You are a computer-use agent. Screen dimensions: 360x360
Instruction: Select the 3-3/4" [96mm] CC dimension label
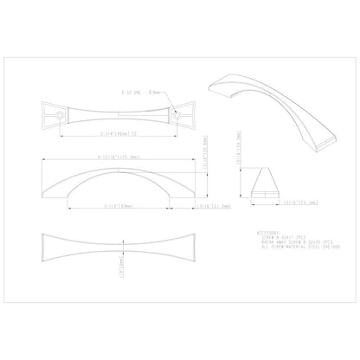pyautogui.click(x=108, y=133)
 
